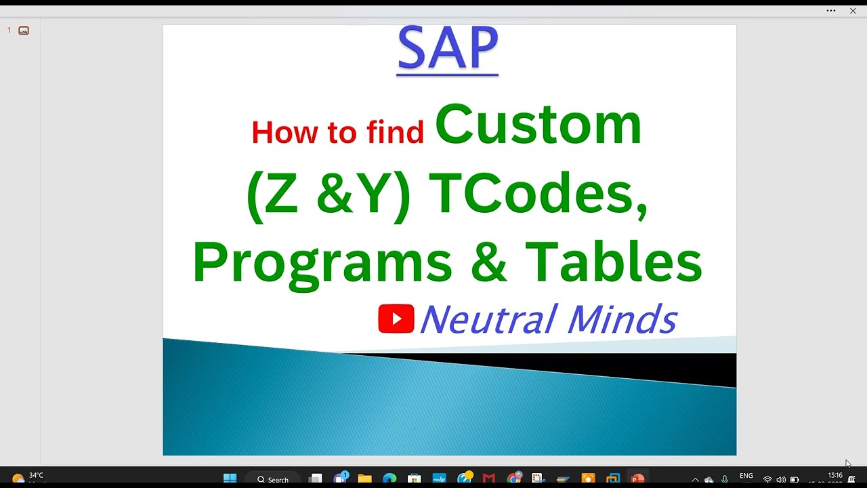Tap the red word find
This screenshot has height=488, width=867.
pyautogui.click(x=395, y=131)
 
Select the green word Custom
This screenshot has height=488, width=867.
pyautogui.click(x=538, y=124)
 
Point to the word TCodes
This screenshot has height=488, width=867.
pyautogui.click(x=538, y=194)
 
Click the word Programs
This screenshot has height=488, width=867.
pyautogui.click(x=322, y=263)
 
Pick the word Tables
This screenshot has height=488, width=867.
pyautogui.click(x=614, y=262)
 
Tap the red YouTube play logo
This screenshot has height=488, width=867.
pyautogui.click(x=396, y=319)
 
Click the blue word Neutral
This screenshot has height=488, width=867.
pyautogui.click(x=488, y=319)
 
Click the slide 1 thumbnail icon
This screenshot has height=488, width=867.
pyautogui.click(x=24, y=30)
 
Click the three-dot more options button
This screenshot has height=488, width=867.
pyautogui.click(x=831, y=11)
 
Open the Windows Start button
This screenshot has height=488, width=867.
pyautogui.click(x=230, y=479)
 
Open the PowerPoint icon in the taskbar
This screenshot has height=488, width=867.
pyautogui.click(x=637, y=479)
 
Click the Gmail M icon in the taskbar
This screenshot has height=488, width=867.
pyautogui.click(x=489, y=479)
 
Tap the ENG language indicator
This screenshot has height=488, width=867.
pyautogui.click(x=746, y=476)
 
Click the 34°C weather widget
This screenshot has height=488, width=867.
pyautogui.click(x=27, y=477)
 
